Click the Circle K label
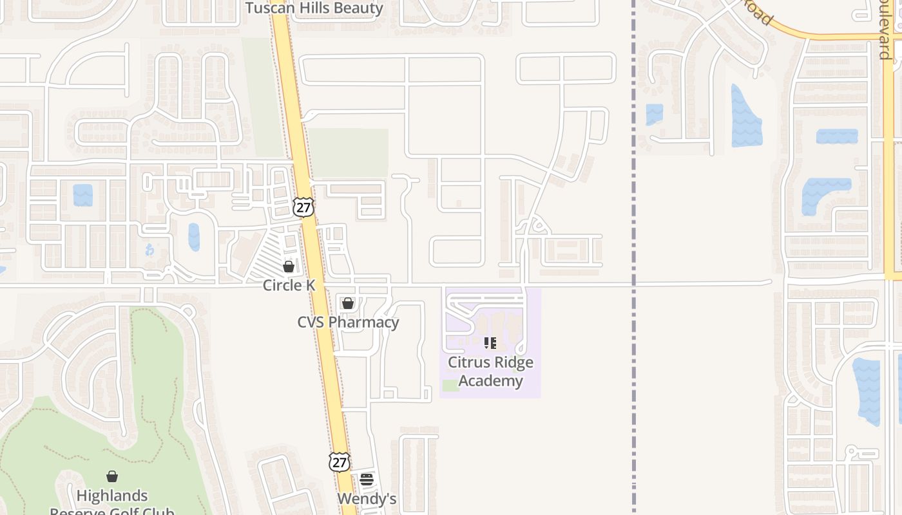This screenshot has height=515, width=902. pyautogui.click(x=289, y=285)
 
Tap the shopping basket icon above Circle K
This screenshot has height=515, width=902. pyautogui.click(x=289, y=266)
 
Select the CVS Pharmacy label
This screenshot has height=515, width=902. pyautogui.click(x=348, y=322)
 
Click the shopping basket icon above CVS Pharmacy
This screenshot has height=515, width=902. pyautogui.click(x=348, y=303)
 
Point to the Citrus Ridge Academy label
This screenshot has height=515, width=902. pyautogui.click(x=490, y=371)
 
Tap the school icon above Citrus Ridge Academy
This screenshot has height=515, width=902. pyautogui.click(x=490, y=343)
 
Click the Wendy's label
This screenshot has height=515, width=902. pyautogui.click(x=367, y=499)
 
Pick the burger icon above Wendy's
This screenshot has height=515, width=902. pyautogui.click(x=367, y=479)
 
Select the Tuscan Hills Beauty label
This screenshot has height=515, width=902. pyautogui.click(x=314, y=8)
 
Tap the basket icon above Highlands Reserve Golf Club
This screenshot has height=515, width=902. pyautogui.click(x=112, y=476)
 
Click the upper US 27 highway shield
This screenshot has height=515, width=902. pyautogui.click(x=303, y=207)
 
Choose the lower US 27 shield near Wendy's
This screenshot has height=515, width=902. pyautogui.click(x=339, y=462)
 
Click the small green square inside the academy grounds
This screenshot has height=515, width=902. pyautogui.click(x=451, y=386)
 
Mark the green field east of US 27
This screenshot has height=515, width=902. pyautogui.click(x=348, y=153)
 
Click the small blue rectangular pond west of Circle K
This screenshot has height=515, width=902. pyautogui.click(x=82, y=195)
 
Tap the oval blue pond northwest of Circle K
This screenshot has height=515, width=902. pyautogui.click(x=194, y=237)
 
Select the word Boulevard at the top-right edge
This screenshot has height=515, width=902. pyautogui.click(x=885, y=29)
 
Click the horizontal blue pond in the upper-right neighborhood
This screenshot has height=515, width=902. pyautogui.click(x=837, y=136)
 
